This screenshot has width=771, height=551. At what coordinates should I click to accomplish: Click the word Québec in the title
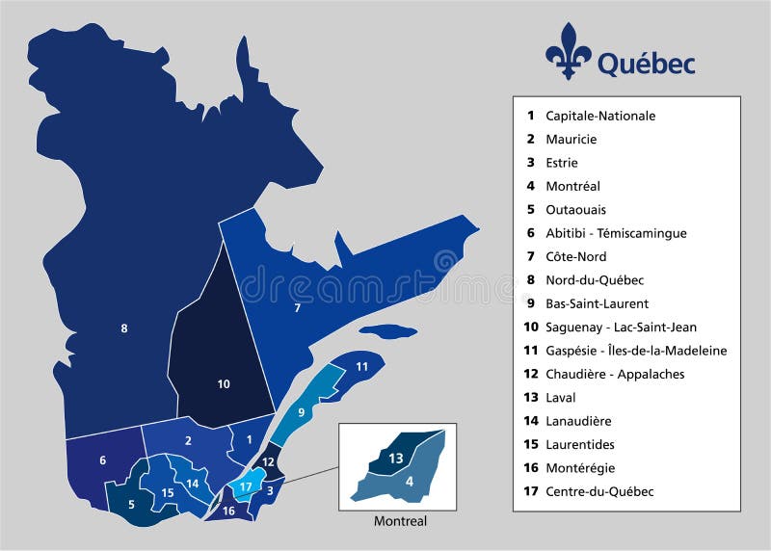pos(646,64)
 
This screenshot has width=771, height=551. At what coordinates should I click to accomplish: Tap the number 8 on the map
pos(124,328)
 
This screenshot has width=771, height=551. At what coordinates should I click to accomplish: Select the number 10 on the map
pos(224,384)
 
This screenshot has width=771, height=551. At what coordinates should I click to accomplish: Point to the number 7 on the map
pos(298,308)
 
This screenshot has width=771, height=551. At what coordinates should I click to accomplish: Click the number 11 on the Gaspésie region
pos(361,366)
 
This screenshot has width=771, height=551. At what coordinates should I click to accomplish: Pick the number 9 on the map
pos(301,412)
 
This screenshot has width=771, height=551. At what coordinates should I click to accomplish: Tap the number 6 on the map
pos(102,460)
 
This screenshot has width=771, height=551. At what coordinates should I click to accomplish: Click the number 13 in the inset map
pos(396,459)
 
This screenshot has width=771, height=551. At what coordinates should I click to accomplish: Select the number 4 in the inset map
pos(410,481)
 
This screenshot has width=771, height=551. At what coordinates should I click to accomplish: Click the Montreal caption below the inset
pos(400,521)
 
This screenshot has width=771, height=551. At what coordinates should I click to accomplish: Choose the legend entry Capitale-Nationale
pos(599,116)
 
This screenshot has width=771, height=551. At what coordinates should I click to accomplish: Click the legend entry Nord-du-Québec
pos(595,280)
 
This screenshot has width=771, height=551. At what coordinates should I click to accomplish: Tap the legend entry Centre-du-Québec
pos(599,491)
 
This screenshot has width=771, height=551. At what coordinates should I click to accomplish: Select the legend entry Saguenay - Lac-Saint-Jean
pos(621,328)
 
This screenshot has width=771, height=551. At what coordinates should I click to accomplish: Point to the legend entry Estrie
pos(562,163)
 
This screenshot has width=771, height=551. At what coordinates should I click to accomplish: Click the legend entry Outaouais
pos(575,210)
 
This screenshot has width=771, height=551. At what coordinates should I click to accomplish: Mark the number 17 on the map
pos(247,486)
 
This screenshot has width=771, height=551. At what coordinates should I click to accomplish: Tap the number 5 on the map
pos(131,503)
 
